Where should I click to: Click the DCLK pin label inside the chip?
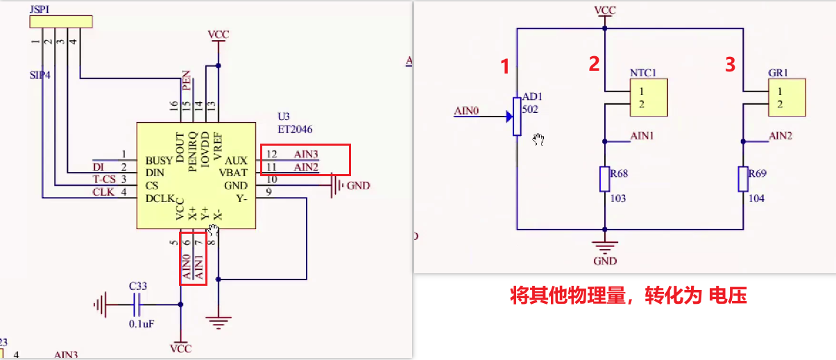tap(160, 198)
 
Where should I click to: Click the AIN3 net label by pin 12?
tap(306, 154)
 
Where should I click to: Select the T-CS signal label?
tap(103, 180)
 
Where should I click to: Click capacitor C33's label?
tap(138, 285)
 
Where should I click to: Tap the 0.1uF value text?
tap(141, 323)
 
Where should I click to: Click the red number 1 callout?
tap(506, 67)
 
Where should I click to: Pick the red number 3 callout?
tap(729, 65)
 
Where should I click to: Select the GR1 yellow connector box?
tap(787, 97)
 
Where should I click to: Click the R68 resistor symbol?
tap(605, 180)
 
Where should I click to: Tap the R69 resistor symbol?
tap(743, 180)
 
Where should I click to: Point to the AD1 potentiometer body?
tap(517, 116)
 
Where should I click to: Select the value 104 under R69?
tap(757, 198)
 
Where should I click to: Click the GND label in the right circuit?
tap(605, 262)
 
